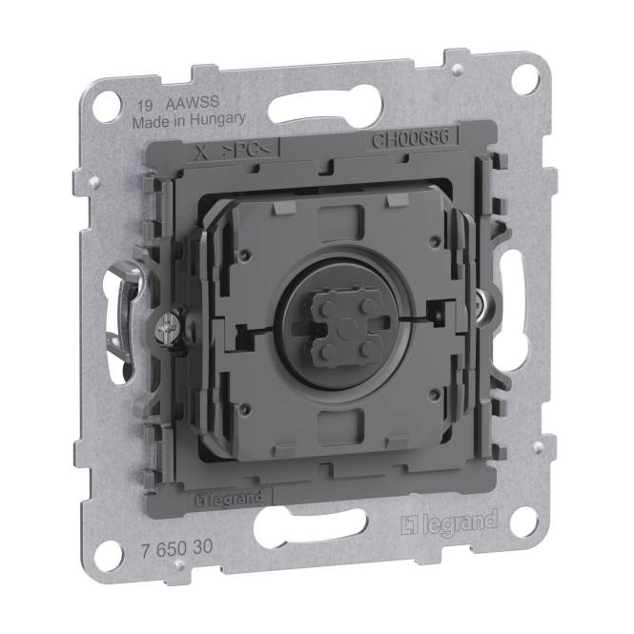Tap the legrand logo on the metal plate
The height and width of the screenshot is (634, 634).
449,522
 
